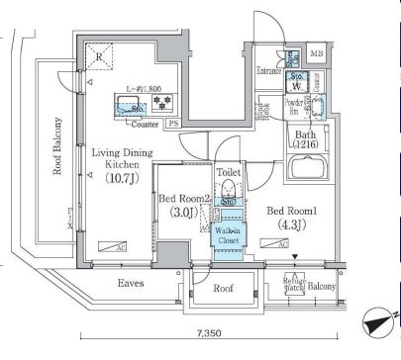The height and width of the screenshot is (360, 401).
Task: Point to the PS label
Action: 172,124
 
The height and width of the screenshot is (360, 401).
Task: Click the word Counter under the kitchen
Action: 146,125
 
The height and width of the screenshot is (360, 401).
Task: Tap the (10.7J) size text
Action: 124,180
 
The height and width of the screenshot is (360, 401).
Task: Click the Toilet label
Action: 228,170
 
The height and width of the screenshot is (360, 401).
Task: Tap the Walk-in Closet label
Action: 229,233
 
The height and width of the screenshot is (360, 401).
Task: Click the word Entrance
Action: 268,72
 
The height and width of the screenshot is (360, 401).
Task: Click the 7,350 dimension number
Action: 208,333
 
